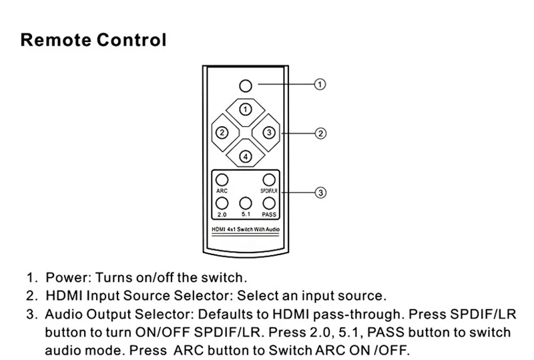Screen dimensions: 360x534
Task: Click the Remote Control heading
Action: pos(94,39)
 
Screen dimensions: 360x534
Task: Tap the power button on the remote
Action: pos(246,85)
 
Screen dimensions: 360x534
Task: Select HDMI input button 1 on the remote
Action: pos(246,108)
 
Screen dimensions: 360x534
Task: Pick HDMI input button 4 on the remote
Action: pos(246,156)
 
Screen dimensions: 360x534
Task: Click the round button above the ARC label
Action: pos(223,180)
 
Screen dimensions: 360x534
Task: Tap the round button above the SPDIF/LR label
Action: pos(269,180)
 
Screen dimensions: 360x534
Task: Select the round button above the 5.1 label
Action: pos(246,204)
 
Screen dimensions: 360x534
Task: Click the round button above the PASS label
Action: pos(269,204)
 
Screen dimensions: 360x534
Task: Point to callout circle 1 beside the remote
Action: pos(320,85)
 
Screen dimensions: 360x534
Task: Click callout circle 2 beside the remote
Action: pos(320,133)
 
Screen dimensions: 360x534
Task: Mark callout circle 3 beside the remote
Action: pos(320,192)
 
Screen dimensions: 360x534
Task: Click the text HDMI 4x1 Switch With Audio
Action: pos(246,230)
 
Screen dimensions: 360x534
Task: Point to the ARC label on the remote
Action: pos(223,191)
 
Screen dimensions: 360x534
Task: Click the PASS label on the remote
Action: pos(270,215)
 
